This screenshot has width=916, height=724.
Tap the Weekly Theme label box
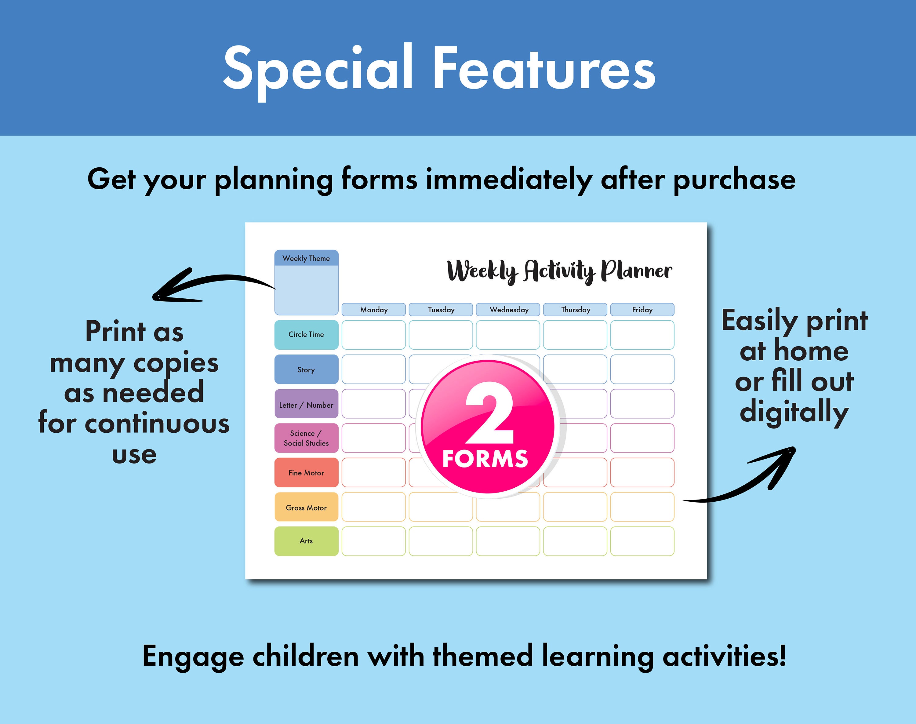(x=306, y=258)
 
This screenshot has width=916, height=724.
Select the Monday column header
(x=373, y=309)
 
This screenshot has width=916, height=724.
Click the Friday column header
(x=642, y=309)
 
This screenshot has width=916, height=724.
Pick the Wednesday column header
(x=508, y=309)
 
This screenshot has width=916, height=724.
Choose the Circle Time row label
(x=306, y=334)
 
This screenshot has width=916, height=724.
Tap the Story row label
(x=306, y=369)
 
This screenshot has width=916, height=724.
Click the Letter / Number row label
(x=306, y=405)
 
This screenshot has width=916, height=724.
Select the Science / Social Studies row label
(x=306, y=438)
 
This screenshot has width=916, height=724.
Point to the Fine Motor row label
(x=306, y=473)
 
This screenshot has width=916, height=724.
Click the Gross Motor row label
(x=306, y=508)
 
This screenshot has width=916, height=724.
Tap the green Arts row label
(x=306, y=541)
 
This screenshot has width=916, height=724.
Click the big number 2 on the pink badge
(x=489, y=413)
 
